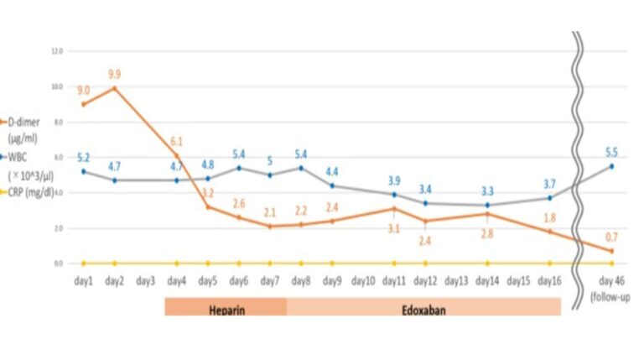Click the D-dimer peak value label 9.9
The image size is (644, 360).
coord(115,75)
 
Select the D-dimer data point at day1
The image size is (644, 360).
coord(83,104)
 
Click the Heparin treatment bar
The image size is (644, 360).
coord(226,308)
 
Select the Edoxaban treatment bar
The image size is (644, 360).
coord(423,308)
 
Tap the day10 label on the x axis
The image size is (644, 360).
coord(363,279)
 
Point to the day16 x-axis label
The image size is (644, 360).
coord(549,279)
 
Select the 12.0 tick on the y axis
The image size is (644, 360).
coord(57,50)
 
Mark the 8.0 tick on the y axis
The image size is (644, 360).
coord(58,122)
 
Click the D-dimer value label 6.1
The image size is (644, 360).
coord(177,142)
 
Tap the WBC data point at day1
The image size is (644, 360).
coord(83,171)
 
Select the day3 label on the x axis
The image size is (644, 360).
coord(145,279)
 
